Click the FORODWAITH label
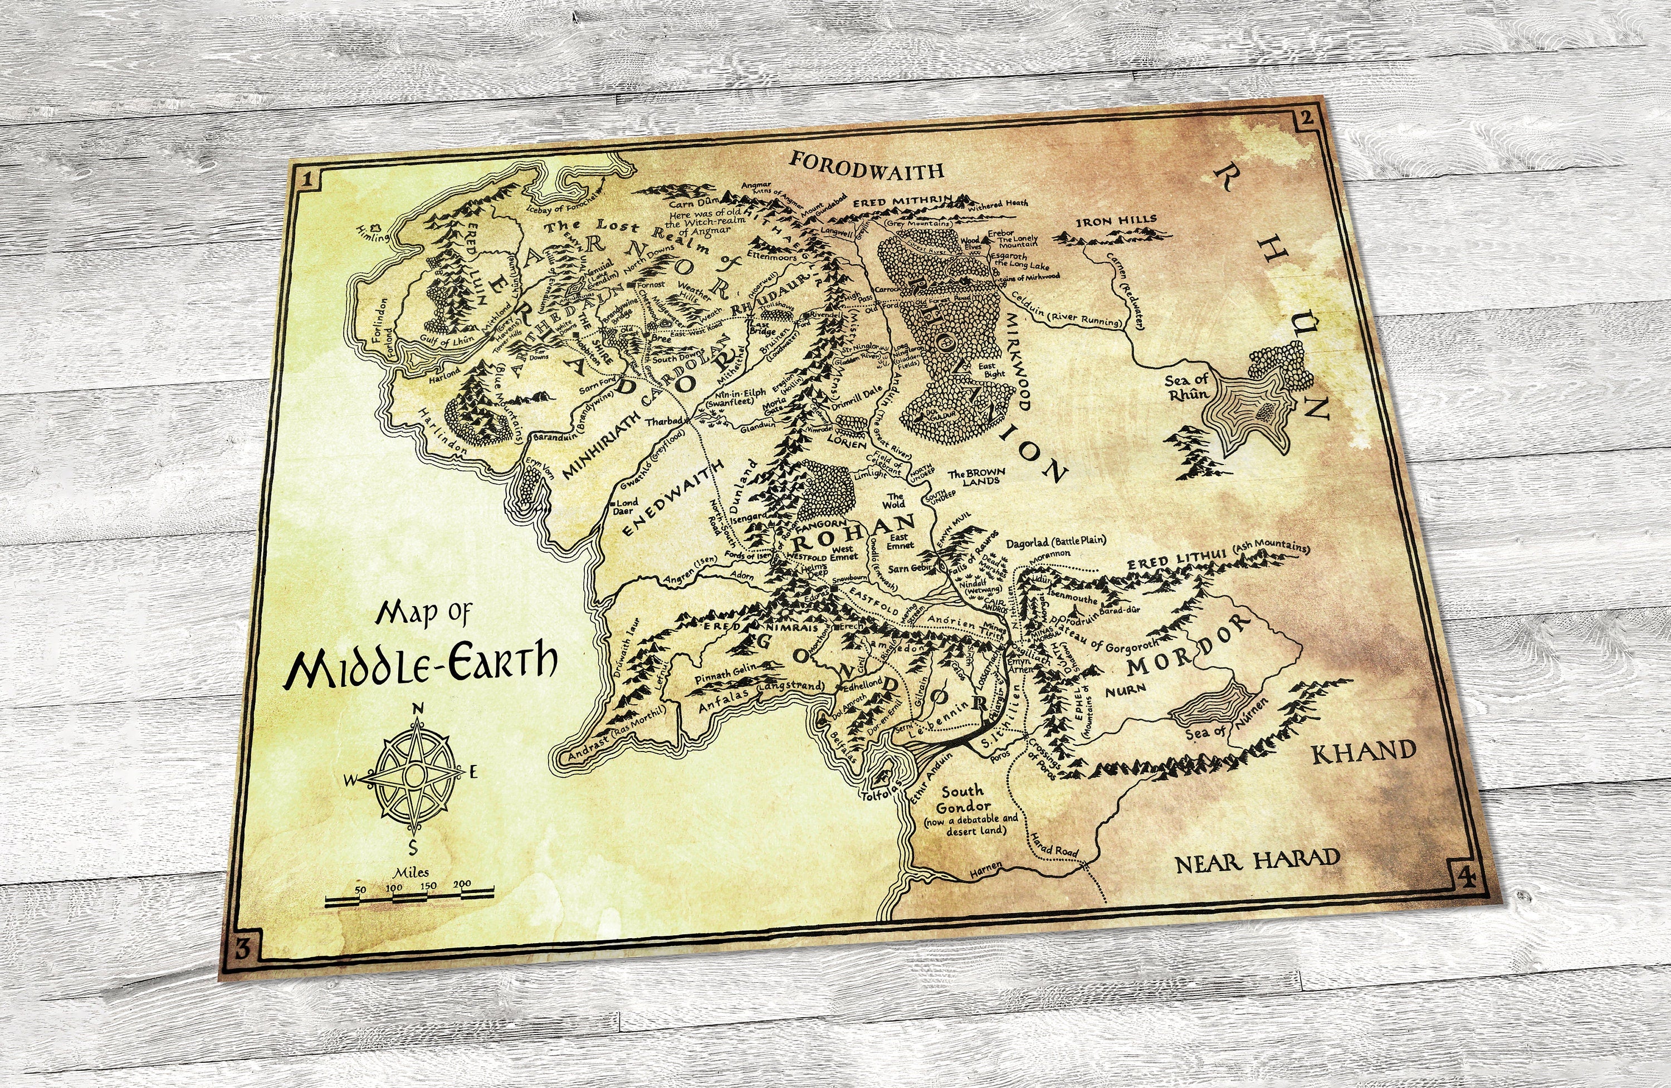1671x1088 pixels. click(866, 165)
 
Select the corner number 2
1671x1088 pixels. click(1307, 118)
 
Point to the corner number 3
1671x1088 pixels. click(242, 949)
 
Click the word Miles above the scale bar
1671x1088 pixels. click(412, 872)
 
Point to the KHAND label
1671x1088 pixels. click(1364, 752)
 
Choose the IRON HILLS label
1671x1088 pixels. click(1116, 221)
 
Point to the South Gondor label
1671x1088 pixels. click(962, 799)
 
